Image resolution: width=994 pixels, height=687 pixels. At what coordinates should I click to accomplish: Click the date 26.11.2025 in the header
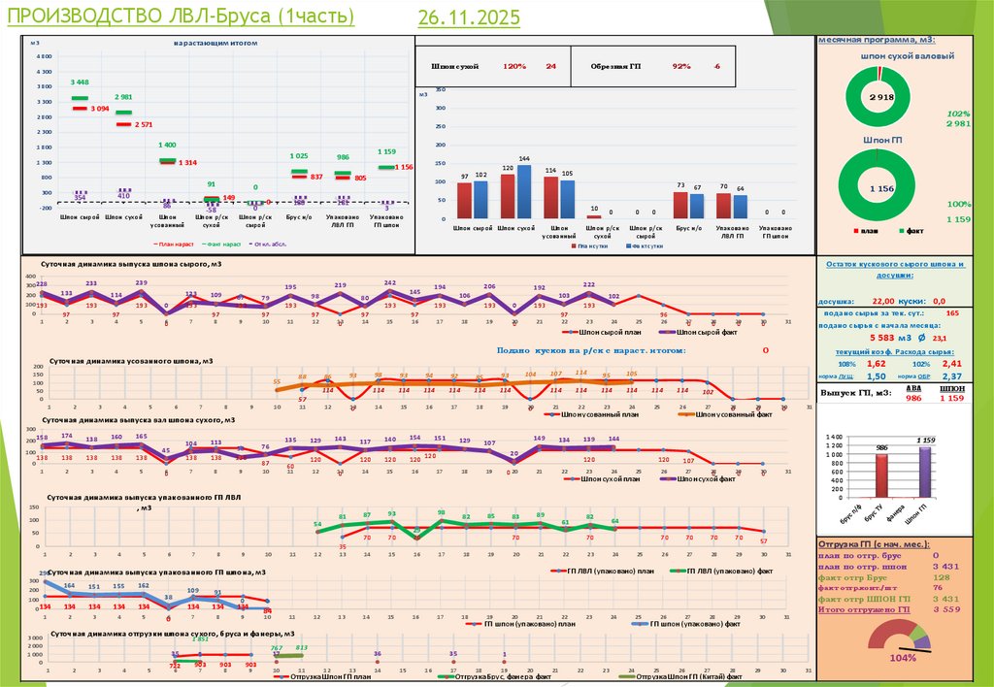pos(470,17)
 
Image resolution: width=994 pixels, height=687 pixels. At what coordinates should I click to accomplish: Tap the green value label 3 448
pos(80,82)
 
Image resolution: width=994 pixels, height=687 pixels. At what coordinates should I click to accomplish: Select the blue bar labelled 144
pos(524,192)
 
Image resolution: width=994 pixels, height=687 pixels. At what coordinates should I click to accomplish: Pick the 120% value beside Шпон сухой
pos(514,66)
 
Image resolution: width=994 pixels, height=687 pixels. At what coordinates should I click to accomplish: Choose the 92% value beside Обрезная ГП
pos(681,66)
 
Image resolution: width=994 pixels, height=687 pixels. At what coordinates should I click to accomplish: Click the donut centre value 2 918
pos(880,98)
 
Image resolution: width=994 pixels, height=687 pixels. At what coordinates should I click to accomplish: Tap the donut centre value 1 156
pos(880,186)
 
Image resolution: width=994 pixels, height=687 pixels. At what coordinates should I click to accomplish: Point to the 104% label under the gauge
pos(902,658)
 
